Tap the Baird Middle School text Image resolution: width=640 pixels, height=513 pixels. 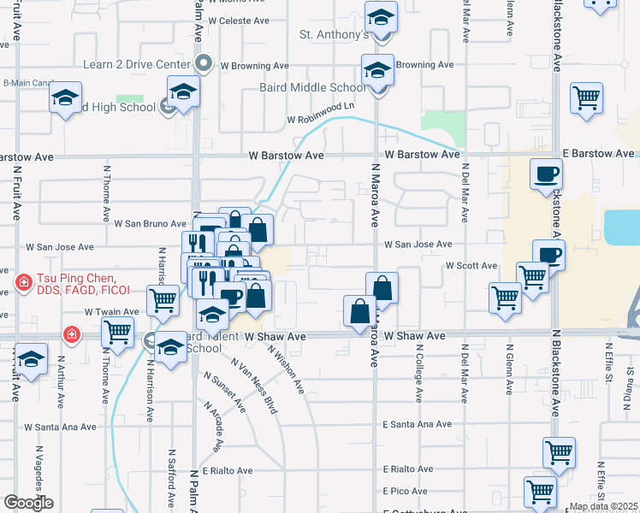(x=312, y=87)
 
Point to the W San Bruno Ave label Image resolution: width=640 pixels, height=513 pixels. (x=150, y=224)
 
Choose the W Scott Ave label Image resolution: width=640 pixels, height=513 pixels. (x=471, y=266)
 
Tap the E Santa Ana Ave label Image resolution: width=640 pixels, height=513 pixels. (x=417, y=424)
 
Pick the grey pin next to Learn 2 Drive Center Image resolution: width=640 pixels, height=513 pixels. (x=204, y=63)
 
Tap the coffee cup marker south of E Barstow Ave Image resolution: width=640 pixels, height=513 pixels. (x=546, y=175)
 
